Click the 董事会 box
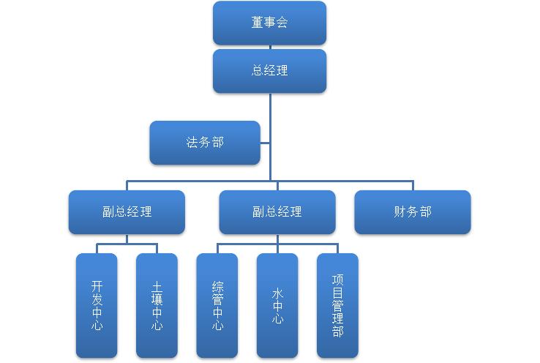(269, 23)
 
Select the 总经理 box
(269, 71)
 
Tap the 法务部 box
(205, 143)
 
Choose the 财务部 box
(413, 212)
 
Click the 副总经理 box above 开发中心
(127, 212)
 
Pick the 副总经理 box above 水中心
(277, 212)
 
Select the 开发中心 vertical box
(97, 305)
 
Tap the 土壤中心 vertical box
(157, 305)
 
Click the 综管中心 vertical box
(217, 305)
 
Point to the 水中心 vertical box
(277, 305)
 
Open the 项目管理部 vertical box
(337, 305)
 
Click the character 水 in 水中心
(277, 293)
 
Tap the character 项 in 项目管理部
(337, 280)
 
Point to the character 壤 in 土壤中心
(157, 299)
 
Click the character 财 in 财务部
(400, 212)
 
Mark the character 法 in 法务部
(192, 143)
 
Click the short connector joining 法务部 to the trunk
(265, 143)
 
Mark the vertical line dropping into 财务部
(413, 185)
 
